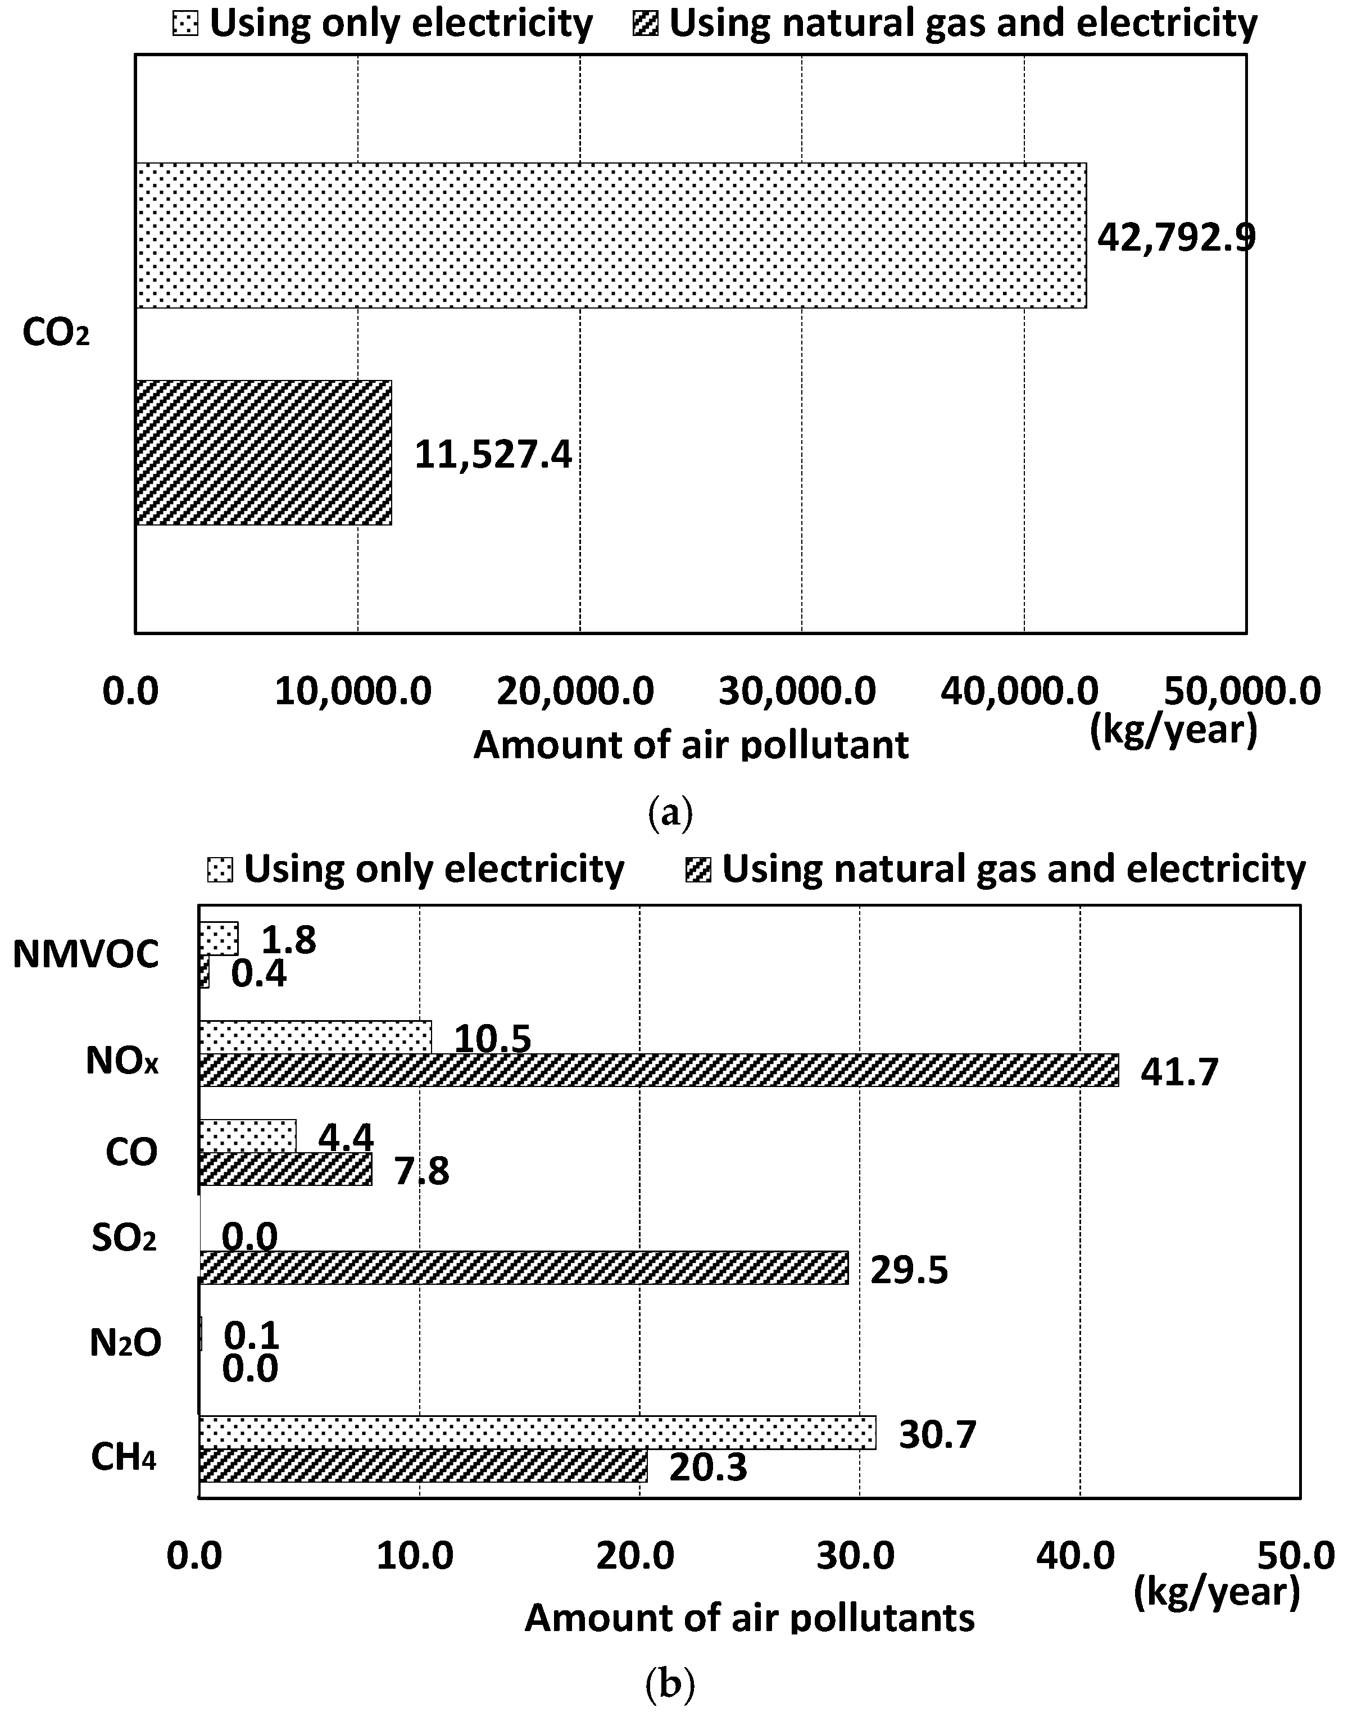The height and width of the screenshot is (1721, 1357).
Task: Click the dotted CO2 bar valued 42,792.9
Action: [610, 235]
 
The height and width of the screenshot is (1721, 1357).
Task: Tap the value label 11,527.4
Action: [493, 455]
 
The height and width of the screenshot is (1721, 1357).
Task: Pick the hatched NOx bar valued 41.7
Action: [658, 1070]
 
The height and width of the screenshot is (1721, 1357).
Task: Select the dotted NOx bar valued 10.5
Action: [315, 1038]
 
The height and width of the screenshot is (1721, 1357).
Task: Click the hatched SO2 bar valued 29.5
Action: [523, 1267]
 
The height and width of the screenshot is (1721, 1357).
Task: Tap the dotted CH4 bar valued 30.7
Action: [537, 1433]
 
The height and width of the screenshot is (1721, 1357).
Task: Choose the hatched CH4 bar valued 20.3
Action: [423, 1465]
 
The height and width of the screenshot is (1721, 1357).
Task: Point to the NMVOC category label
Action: [86, 955]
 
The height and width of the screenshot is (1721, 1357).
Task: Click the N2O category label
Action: [125, 1344]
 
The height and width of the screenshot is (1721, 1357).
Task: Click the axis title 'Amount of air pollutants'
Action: [749, 1618]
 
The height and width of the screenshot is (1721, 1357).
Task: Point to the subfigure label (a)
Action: [670, 814]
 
